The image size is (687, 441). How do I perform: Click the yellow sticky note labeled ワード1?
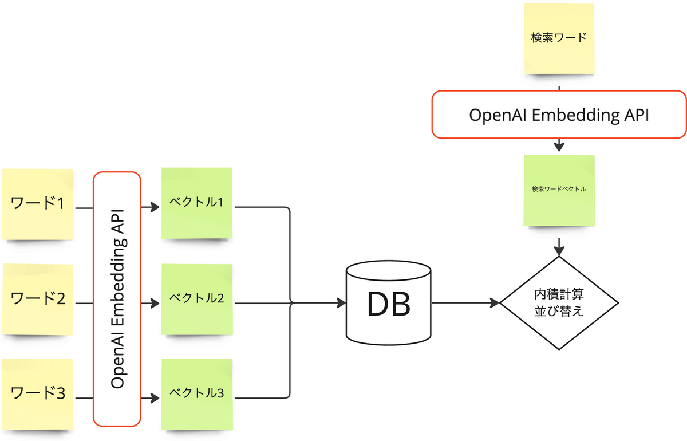point(38,204)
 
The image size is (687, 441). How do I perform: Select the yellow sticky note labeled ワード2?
point(38,299)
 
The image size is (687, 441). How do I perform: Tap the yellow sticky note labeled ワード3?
point(38,394)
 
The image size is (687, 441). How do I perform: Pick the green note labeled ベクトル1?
point(196,203)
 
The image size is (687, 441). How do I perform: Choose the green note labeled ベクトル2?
point(196,299)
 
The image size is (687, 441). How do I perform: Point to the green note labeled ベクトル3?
point(196,394)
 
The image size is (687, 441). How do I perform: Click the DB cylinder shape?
point(389,304)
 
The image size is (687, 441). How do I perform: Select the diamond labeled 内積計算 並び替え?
point(559,303)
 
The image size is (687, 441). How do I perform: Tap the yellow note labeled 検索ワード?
point(559,38)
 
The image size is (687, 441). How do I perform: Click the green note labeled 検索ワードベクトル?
point(559,190)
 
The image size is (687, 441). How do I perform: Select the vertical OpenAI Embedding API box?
point(117,299)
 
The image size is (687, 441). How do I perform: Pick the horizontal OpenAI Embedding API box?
point(558,115)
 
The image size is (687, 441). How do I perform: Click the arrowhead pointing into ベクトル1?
point(155,207)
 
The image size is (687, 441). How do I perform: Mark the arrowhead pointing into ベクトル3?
point(155,397)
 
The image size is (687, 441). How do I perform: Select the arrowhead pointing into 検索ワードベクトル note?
point(559,147)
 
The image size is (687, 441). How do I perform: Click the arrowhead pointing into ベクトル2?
point(155,302)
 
